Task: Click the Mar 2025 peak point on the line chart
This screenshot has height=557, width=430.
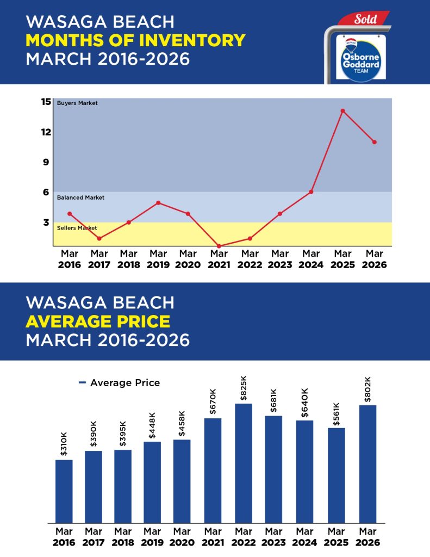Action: [x=342, y=111]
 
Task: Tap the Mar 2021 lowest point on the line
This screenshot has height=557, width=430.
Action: [x=219, y=246]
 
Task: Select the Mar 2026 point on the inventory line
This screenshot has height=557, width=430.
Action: [x=375, y=142]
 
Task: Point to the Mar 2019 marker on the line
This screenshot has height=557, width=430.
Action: [x=158, y=203]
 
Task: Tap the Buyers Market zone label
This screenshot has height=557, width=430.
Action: [x=77, y=103]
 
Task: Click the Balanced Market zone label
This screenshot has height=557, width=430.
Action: [x=80, y=198]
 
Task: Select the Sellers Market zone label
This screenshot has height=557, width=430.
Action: [x=77, y=228]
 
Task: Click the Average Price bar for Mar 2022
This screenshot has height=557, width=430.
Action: [x=244, y=463]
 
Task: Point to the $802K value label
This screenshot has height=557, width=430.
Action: [x=367, y=388]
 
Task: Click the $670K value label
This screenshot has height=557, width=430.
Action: [x=214, y=402]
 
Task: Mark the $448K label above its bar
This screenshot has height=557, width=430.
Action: [x=153, y=425]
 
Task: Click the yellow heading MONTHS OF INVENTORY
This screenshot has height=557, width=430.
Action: [x=135, y=40]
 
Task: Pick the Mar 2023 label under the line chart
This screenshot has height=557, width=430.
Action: [x=280, y=259]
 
